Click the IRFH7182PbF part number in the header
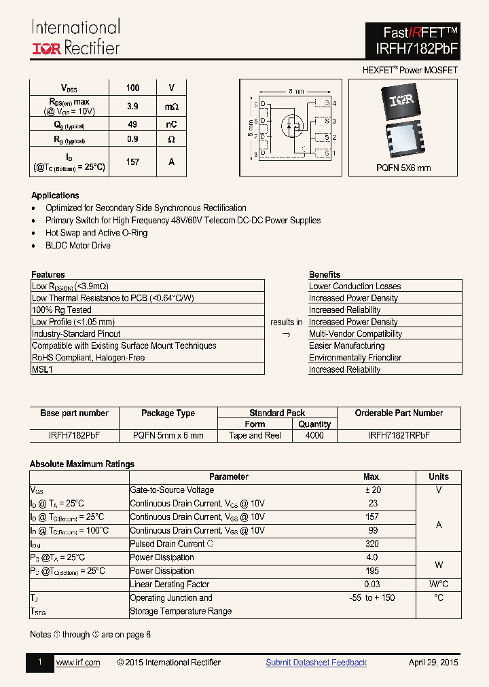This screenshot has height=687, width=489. pos(416,49)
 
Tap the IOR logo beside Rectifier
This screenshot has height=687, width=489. pos(47,48)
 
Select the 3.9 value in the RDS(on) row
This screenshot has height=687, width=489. pos(132,107)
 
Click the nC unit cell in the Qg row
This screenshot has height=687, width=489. pos(171,125)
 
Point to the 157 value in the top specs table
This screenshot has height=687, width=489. pos(132,162)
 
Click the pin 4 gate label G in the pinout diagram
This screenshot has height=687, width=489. pos(326,104)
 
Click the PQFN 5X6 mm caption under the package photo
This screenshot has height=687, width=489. pos(403,168)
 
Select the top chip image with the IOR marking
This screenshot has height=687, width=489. pos(401,100)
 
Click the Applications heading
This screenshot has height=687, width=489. pos(55,196)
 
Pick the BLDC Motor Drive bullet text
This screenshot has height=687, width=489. pos(78,245)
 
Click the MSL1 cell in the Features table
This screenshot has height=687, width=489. pos(42,369)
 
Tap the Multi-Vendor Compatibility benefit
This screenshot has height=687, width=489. pos(355,334)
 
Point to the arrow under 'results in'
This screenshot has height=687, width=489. pos(286,335)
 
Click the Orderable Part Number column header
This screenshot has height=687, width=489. pos(399,413)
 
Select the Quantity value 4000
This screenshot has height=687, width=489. pos(314,435)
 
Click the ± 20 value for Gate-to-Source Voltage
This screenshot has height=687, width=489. pos(372,489)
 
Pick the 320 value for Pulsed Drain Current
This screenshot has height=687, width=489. pos(372,544)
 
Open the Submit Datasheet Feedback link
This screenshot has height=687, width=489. pos(316,663)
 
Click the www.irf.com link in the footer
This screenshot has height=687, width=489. pos(78,663)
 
